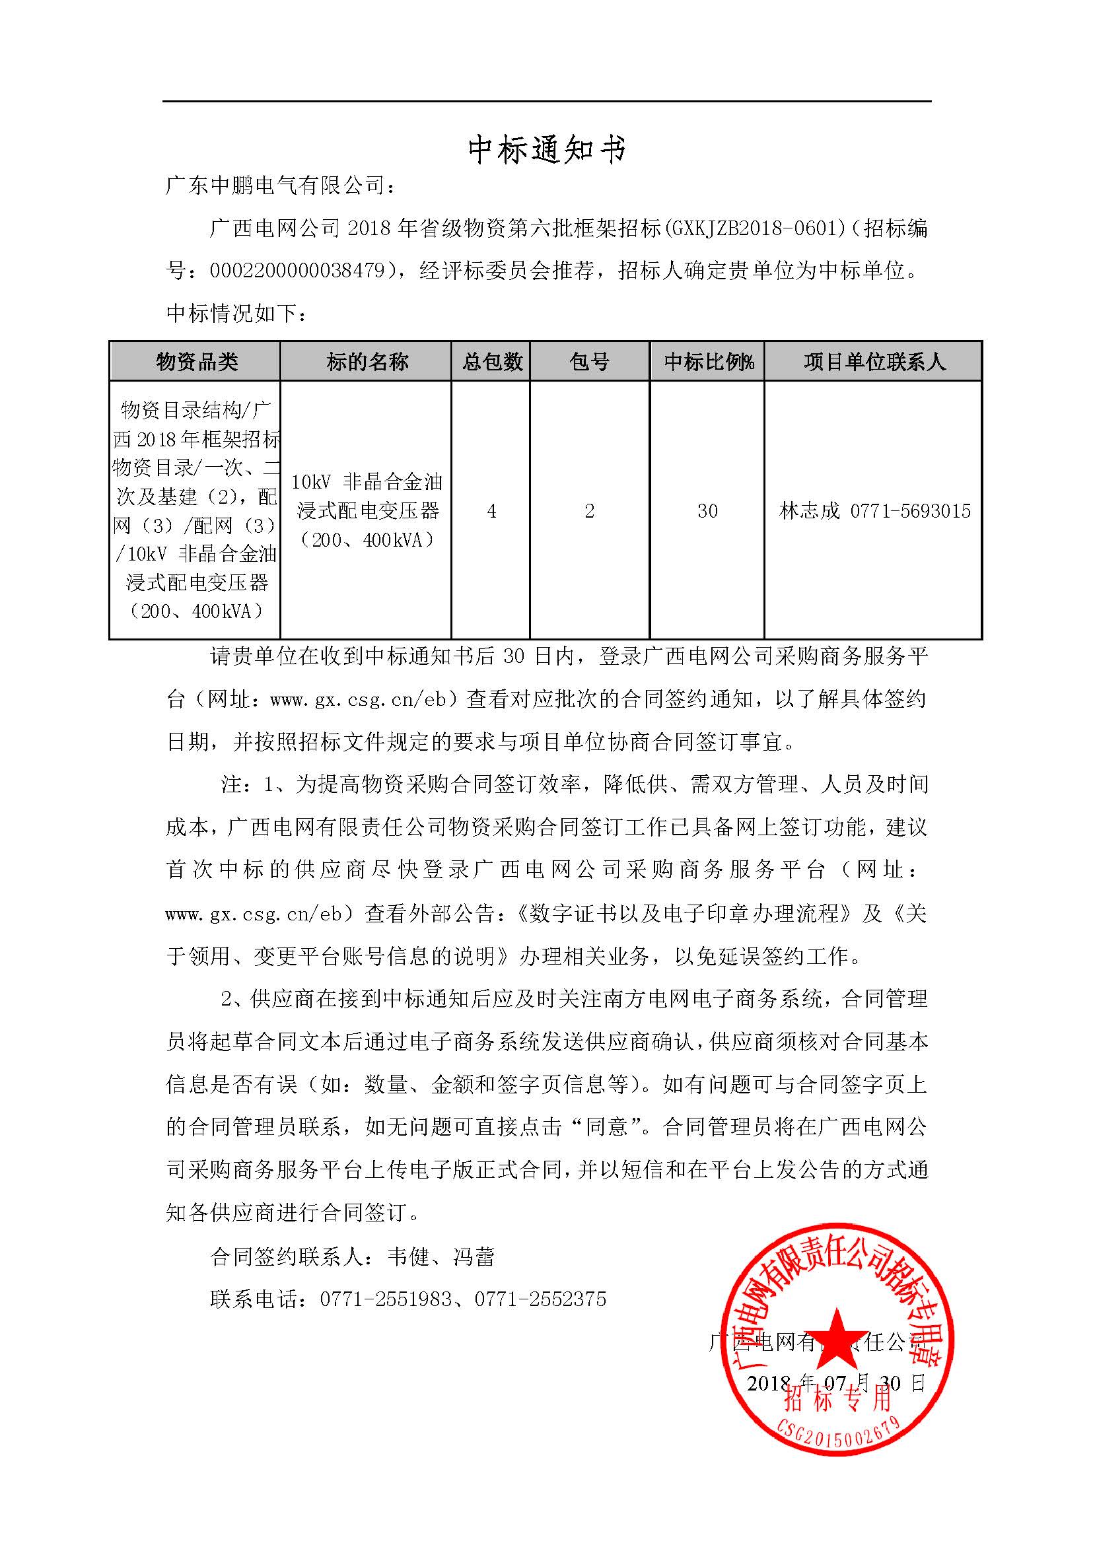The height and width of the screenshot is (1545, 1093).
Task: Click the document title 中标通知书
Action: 547,149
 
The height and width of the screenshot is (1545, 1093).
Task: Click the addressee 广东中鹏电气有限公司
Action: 275,186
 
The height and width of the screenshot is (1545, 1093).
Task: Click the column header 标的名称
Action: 367,362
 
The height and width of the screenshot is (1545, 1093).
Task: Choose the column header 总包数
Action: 492,362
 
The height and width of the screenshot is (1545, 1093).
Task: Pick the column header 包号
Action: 590,362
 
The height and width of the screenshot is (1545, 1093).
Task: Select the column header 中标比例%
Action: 708,362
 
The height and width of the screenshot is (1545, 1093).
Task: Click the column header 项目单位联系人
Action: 874,362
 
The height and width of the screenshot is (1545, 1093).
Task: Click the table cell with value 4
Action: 492,512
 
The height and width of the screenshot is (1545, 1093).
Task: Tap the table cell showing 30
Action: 707,512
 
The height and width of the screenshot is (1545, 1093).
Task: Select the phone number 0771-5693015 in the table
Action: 910,512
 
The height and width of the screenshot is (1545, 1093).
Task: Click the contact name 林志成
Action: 810,512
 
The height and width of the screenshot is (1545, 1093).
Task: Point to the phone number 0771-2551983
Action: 386,1299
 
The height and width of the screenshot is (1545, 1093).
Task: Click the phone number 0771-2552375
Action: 540,1299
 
